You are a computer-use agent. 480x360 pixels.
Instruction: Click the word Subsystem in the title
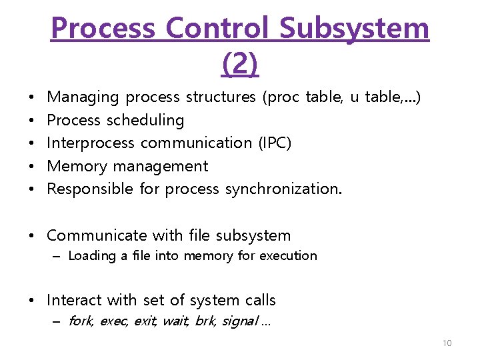(x=354, y=28)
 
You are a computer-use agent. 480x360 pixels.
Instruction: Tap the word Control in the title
(x=218, y=28)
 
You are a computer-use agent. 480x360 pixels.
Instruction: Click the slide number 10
(x=447, y=343)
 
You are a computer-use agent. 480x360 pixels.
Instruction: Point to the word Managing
(x=83, y=97)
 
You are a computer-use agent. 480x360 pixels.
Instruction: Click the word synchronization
(x=283, y=189)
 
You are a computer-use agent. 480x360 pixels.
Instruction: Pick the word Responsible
(x=91, y=189)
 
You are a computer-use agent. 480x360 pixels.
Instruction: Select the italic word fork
(x=81, y=321)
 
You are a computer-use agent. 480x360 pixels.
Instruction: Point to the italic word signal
(x=240, y=321)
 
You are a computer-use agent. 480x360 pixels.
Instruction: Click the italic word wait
(x=175, y=321)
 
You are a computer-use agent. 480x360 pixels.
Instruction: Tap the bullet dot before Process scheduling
(x=33, y=121)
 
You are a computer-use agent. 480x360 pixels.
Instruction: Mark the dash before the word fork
(x=57, y=321)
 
